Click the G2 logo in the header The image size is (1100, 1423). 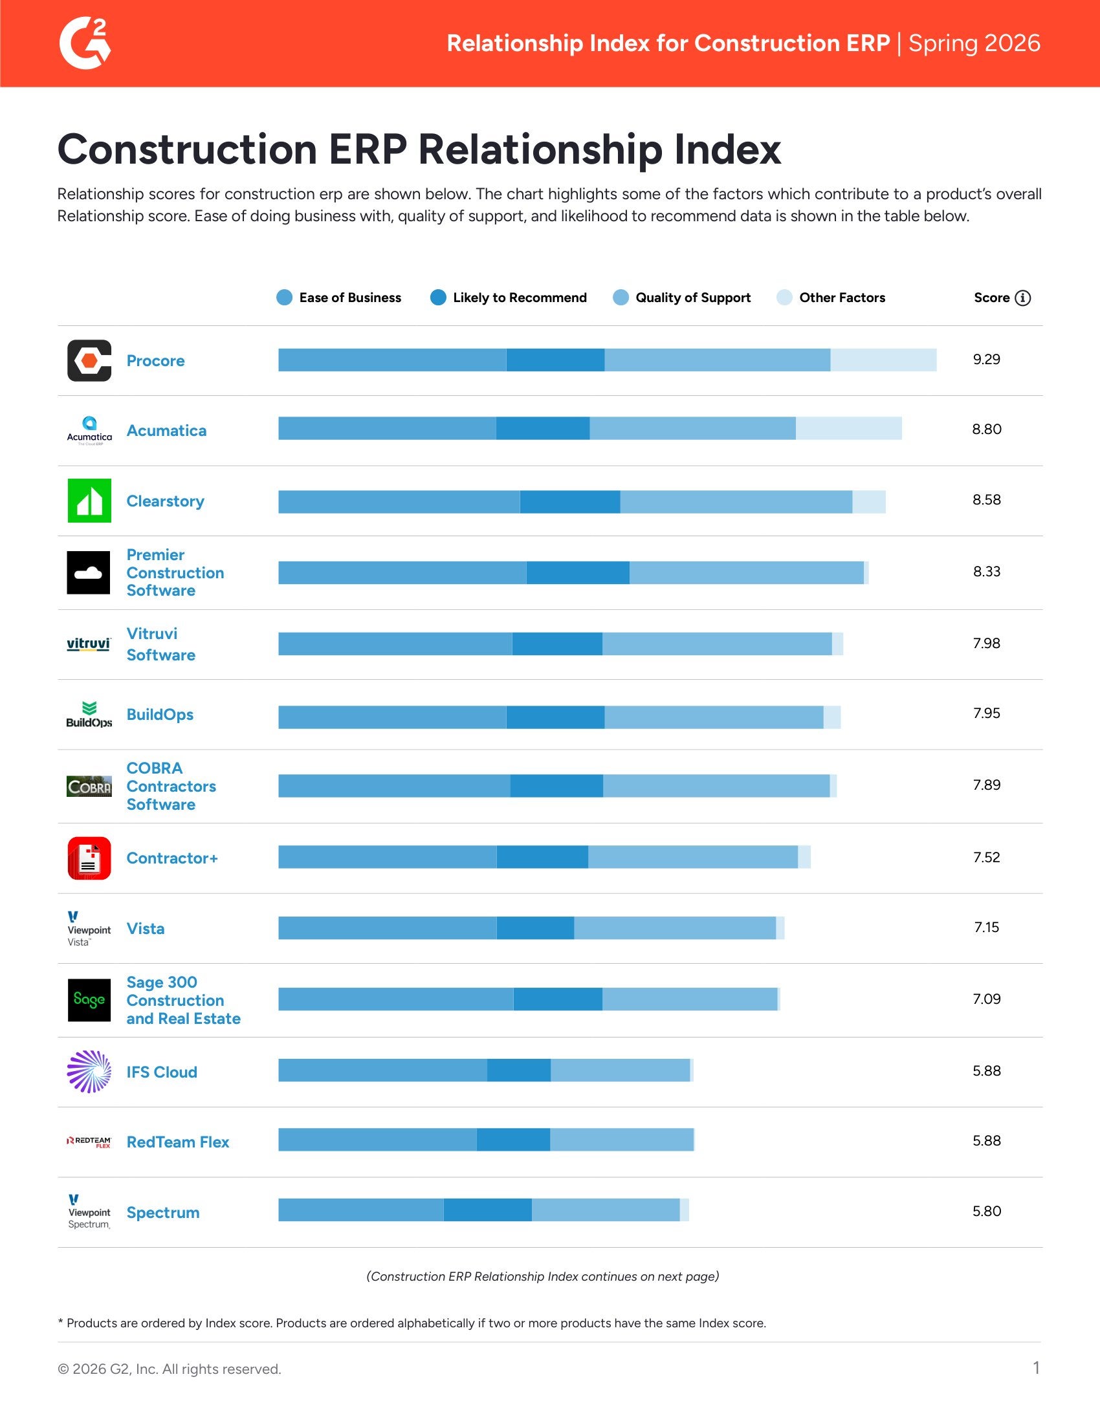(x=85, y=43)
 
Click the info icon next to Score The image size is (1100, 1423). (x=1023, y=298)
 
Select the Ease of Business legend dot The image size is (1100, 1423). (x=284, y=298)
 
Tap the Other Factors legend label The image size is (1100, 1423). (x=842, y=298)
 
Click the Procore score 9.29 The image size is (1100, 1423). (x=986, y=360)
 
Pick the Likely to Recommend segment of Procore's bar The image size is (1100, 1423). (x=555, y=360)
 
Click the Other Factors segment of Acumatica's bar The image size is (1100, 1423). (x=848, y=429)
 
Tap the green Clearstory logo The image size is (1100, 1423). (x=89, y=501)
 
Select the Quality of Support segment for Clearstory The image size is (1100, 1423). (x=736, y=502)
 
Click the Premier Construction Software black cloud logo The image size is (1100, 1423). (x=89, y=572)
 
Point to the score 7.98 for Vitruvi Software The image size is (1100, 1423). (x=986, y=643)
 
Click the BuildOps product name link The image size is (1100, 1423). (x=160, y=715)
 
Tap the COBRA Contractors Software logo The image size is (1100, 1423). (x=89, y=787)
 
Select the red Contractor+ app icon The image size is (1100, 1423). (x=89, y=858)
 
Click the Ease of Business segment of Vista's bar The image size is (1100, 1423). (x=387, y=928)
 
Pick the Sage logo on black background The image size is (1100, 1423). (x=89, y=999)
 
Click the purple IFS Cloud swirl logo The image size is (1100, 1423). (x=89, y=1071)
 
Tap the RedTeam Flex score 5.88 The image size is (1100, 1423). (x=986, y=1141)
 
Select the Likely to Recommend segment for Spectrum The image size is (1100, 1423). (x=487, y=1210)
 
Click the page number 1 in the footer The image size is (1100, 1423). (x=1036, y=1367)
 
